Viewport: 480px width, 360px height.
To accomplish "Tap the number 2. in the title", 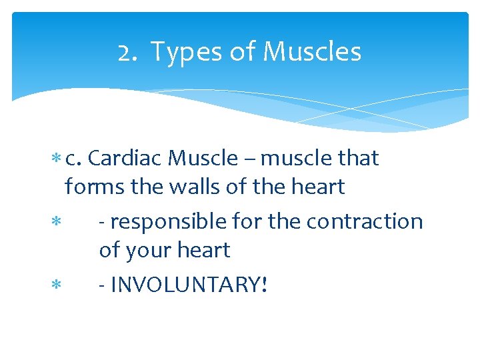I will [x=129, y=52].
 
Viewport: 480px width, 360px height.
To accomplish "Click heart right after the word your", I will [x=205, y=251].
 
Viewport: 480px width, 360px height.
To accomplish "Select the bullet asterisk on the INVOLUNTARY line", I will [x=55, y=286].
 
